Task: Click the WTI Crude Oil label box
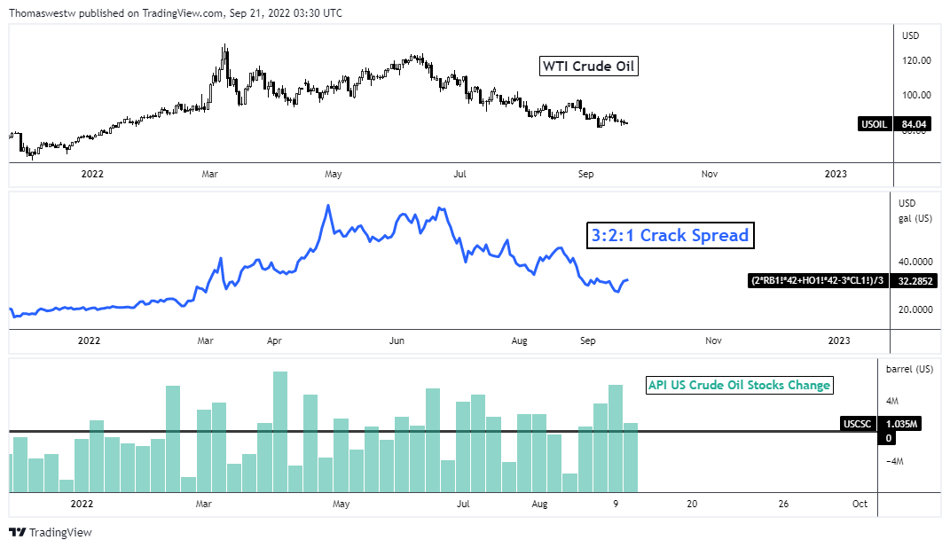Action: (589, 67)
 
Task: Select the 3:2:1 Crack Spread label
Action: (670, 235)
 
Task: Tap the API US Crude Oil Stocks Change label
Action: (739, 385)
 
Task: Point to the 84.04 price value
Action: (914, 124)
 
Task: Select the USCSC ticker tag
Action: (857, 424)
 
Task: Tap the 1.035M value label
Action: (902, 424)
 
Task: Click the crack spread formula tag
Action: (819, 281)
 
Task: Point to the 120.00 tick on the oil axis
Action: (915, 61)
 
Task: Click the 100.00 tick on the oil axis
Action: (915, 95)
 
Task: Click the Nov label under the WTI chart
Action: (709, 175)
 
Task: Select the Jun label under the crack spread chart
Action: (396, 341)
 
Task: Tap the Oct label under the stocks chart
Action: (860, 504)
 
